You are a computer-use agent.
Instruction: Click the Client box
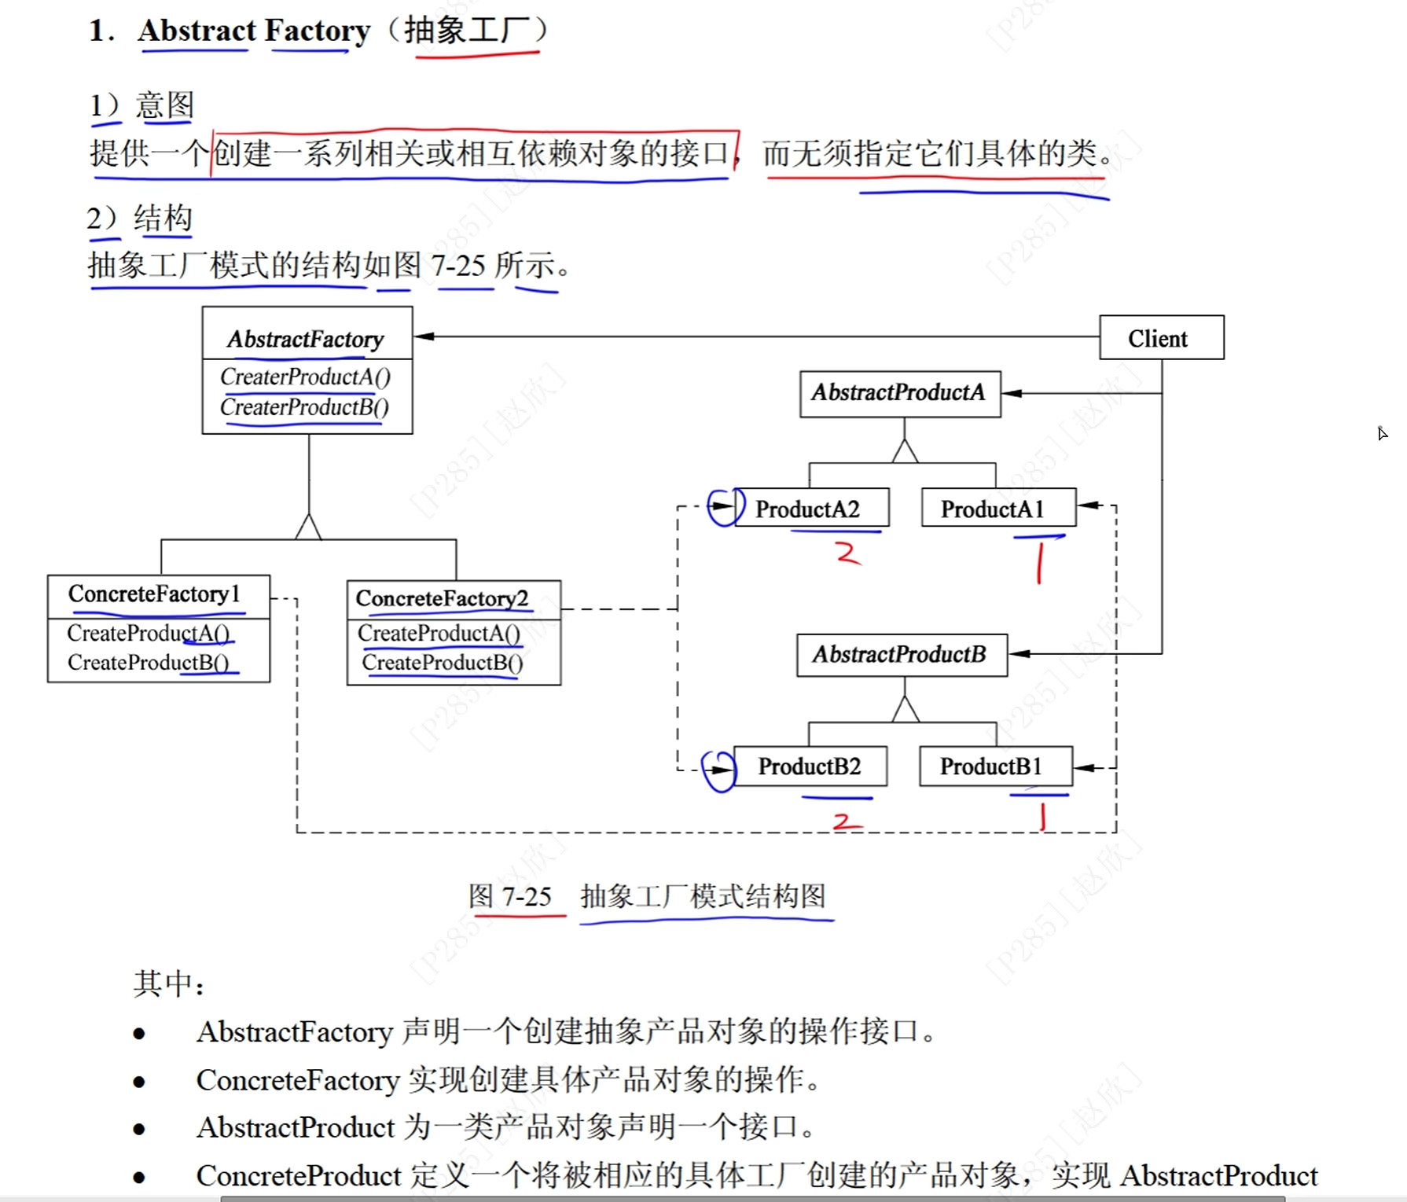[1161, 338]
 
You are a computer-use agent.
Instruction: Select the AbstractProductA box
[899, 393]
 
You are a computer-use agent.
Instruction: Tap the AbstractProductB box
[901, 655]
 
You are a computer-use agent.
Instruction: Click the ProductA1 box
[997, 509]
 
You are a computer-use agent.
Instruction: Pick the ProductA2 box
[810, 509]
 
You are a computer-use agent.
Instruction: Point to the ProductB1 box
[995, 766]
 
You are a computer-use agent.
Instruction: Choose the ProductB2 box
[810, 766]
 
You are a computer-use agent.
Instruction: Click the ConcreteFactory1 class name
[154, 594]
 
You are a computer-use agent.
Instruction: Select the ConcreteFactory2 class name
[442, 598]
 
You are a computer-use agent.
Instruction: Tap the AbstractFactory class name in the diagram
[306, 339]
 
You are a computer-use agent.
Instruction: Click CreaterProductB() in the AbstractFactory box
[304, 407]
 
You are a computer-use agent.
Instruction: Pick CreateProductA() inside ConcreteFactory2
[439, 633]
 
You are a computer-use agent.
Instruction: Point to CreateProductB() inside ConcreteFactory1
[148, 663]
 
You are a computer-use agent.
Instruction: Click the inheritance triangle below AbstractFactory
[308, 527]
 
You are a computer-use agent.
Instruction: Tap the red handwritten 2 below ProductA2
[847, 553]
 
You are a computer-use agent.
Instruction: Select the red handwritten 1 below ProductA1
[1039, 563]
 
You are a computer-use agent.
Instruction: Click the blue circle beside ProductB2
[718, 770]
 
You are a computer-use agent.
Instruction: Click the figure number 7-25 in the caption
[527, 896]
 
